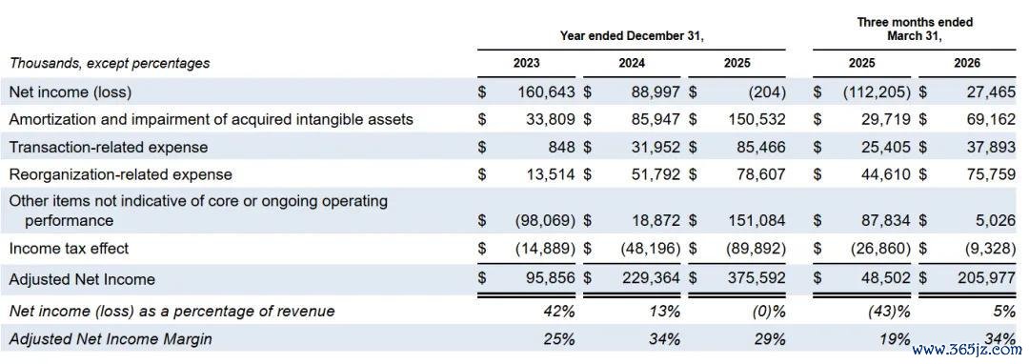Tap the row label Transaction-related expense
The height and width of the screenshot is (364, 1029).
pyautogui.click(x=109, y=147)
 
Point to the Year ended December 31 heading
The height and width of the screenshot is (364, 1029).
pyautogui.click(x=632, y=37)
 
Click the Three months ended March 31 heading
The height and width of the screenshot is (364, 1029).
pyautogui.click(x=915, y=30)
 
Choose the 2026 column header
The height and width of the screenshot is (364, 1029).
pyautogui.click(x=967, y=64)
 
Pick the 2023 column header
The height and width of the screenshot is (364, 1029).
pyautogui.click(x=526, y=64)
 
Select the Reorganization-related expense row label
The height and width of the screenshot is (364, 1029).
pyautogui.click(x=121, y=174)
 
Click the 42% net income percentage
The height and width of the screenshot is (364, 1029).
pyautogui.click(x=561, y=311)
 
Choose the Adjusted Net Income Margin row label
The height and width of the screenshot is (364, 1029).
pyautogui.click(x=111, y=339)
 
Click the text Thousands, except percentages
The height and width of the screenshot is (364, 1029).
pyautogui.click(x=110, y=64)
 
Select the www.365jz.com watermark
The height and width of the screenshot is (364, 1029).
pyautogui.click(x=971, y=350)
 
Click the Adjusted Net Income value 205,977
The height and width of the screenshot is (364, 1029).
pyautogui.click(x=987, y=279)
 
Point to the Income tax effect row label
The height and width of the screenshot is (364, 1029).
pyautogui.click(x=69, y=249)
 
